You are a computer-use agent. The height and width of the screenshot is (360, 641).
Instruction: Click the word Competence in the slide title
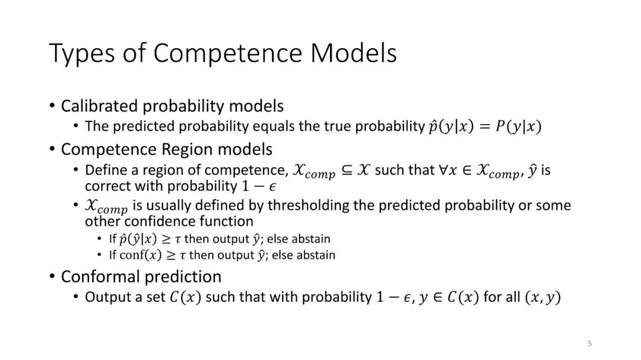click(228, 53)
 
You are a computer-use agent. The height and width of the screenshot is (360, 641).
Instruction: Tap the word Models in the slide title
click(354, 53)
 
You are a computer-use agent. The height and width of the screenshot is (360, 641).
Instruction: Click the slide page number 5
click(589, 343)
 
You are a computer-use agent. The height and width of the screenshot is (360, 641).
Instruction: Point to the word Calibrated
click(99, 106)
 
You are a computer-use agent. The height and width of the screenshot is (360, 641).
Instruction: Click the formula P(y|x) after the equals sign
click(518, 127)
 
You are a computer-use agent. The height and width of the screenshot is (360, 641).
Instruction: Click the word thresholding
click(307, 205)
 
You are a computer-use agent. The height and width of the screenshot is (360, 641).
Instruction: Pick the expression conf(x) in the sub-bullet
click(141, 255)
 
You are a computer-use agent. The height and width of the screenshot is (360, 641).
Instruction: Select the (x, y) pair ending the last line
click(542, 297)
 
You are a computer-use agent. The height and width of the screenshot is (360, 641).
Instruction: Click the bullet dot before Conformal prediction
click(52, 276)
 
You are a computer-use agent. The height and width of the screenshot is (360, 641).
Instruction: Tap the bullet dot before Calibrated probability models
click(52, 105)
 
